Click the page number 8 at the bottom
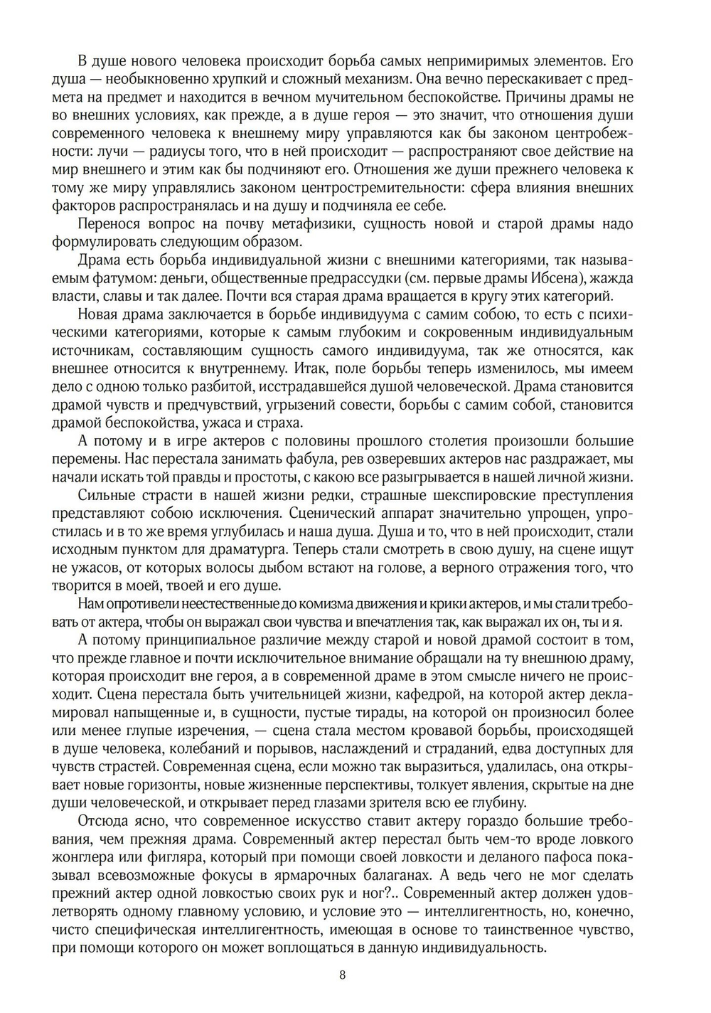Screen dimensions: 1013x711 pos(343,975)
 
